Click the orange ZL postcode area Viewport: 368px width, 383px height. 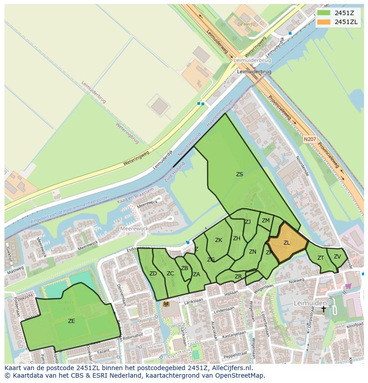287,243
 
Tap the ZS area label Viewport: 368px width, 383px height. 240,174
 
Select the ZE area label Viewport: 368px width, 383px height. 72,321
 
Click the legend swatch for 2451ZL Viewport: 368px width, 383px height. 324,22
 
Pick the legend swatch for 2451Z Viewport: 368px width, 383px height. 324,13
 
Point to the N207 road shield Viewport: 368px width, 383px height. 310,139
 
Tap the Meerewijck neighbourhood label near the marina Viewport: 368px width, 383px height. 134,228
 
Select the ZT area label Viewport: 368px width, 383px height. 320,258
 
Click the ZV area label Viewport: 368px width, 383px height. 337,257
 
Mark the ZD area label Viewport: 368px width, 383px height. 153,274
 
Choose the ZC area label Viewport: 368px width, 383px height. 170,274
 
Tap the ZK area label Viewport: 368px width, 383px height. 219,240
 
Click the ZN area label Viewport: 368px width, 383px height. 252,252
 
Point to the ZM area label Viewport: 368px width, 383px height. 265,221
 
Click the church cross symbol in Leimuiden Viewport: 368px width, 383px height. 324,308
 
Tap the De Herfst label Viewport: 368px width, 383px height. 247,24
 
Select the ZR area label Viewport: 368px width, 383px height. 238,277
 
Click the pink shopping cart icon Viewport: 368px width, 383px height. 348,286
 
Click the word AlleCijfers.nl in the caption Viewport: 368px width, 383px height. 231,368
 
